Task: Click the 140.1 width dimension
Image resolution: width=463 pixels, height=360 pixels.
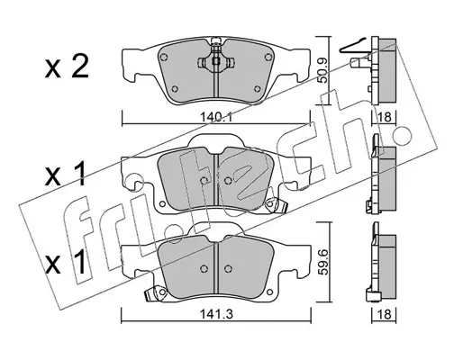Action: click(x=215, y=117)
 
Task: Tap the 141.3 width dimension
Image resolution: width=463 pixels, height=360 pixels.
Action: click(x=216, y=314)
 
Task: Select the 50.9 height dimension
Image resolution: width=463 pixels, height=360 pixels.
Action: click(x=323, y=71)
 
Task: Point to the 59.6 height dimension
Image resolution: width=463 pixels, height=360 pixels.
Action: click(x=324, y=263)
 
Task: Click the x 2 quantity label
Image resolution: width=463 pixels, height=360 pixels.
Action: click(x=67, y=67)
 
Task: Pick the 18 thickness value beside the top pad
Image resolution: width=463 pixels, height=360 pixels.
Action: click(x=386, y=117)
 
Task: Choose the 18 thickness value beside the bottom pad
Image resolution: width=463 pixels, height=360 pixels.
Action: click(x=386, y=314)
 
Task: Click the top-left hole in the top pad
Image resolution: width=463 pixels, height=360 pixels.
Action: click(x=164, y=57)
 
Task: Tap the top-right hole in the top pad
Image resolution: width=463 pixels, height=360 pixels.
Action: click(x=268, y=57)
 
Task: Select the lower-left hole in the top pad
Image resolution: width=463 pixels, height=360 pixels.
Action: click(x=175, y=89)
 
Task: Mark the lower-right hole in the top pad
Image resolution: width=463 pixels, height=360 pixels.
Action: click(x=257, y=89)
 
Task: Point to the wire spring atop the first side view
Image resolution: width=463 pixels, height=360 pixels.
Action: click(x=354, y=47)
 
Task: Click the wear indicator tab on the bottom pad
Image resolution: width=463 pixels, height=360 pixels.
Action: click(x=156, y=292)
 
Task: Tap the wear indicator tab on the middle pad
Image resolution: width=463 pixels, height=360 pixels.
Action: click(x=276, y=205)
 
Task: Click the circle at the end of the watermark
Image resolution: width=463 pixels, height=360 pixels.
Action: click(x=403, y=135)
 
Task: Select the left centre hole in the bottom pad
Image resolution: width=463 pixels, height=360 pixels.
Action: click(x=204, y=268)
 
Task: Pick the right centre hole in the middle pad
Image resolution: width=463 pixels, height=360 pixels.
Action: click(x=228, y=180)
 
